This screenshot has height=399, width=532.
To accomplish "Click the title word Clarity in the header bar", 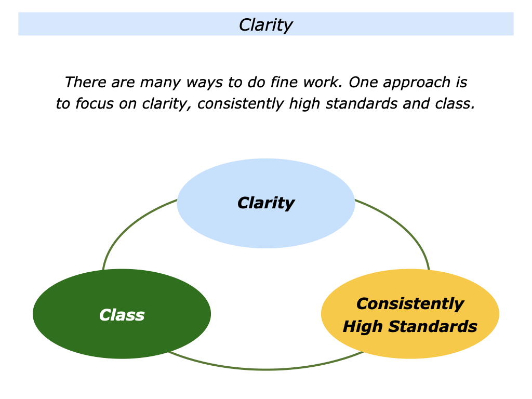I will click(x=265, y=25).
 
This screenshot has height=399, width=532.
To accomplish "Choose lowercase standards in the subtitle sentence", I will click(x=368, y=104).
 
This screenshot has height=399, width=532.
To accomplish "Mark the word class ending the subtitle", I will click(x=455, y=104).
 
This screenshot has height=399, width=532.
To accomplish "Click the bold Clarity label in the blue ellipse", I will click(x=265, y=203).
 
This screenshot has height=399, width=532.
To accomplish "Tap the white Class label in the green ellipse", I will click(x=122, y=315).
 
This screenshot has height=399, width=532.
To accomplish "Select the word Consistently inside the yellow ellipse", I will click(x=410, y=304).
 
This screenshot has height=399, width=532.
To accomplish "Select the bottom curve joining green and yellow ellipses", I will click(x=265, y=369).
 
